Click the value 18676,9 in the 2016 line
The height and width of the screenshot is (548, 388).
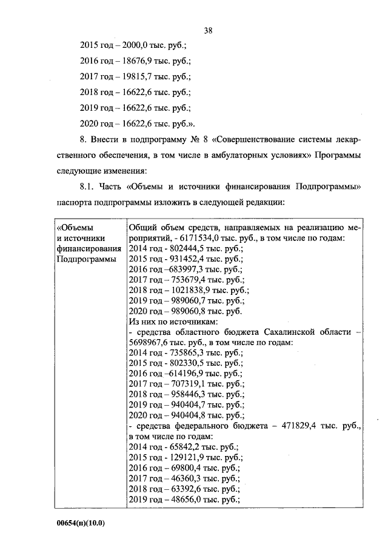(x=136, y=61)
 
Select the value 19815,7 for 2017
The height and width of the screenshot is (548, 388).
(x=136, y=77)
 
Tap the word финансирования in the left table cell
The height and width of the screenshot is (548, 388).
(x=89, y=248)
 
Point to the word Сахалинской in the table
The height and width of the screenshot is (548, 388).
(x=286, y=332)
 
